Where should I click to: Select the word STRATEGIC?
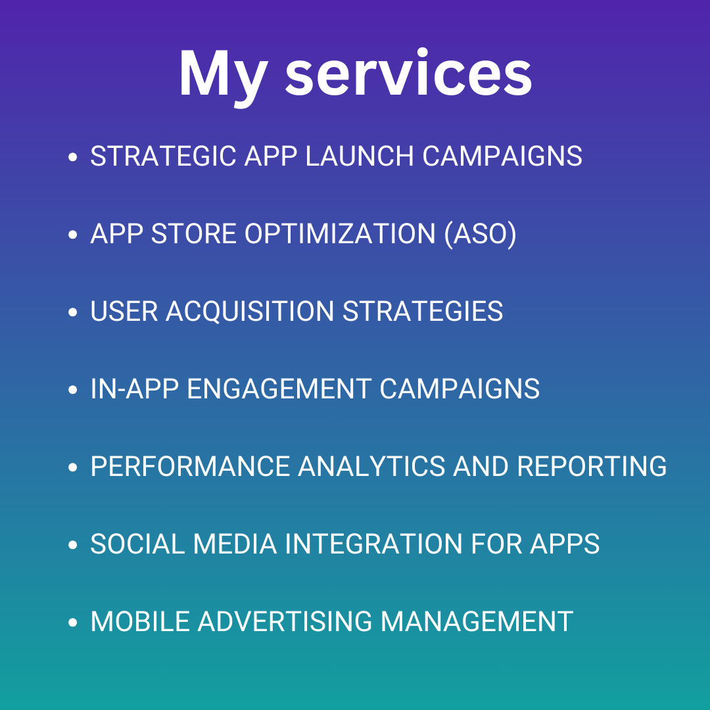tap(163, 156)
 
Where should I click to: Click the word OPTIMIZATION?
tap(340, 233)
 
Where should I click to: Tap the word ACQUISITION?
tap(250, 312)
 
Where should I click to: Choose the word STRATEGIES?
tap(423, 311)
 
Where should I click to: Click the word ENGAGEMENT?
tap(279, 389)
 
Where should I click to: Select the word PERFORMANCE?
tap(190, 466)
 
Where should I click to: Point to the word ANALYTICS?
tap(371, 466)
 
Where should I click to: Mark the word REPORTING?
tap(592, 466)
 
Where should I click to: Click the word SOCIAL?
tap(137, 544)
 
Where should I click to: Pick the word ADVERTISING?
tap(285, 621)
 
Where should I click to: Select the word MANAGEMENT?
tap(477, 621)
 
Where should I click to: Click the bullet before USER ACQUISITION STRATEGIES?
tap(72, 312)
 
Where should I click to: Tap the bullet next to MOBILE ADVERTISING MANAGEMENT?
tap(72, 622)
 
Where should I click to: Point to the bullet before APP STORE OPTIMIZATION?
tap(72, 235)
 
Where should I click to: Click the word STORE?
tap(194, 233)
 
